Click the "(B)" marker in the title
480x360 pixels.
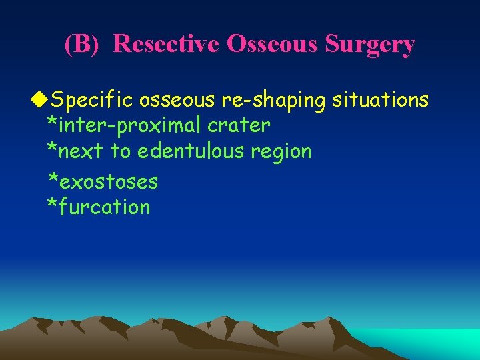tap(82, 44)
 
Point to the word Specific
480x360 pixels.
tap(94, 101)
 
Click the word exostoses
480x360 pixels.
tap(109, 181)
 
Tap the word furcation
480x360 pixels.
tap(105, 207)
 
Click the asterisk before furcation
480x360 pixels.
tap(52, 204)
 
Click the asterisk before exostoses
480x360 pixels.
tap(52, 178)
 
